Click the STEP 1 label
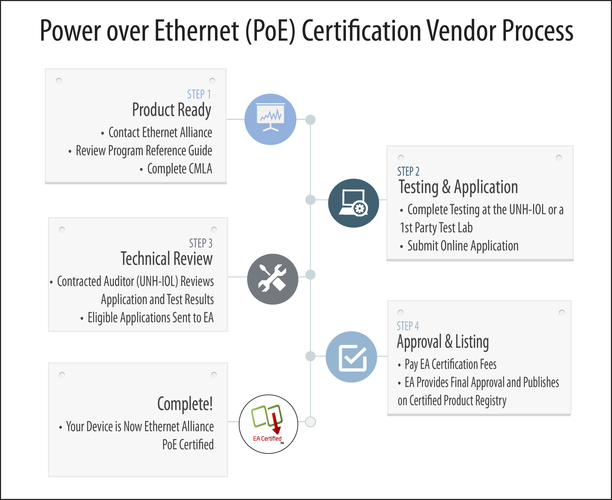(x=199, y=94)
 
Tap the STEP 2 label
(x=408, y=171)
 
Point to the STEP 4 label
(x=408, y=326)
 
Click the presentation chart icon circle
(x=270, y=119)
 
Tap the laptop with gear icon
(x=354, y=203)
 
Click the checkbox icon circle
(x=351, y=357)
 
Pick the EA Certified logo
(x=268, y=424)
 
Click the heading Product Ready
(x=172, y=110)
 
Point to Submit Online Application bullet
(x=459, y=246)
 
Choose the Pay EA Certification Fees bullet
(x=447, y=364)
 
